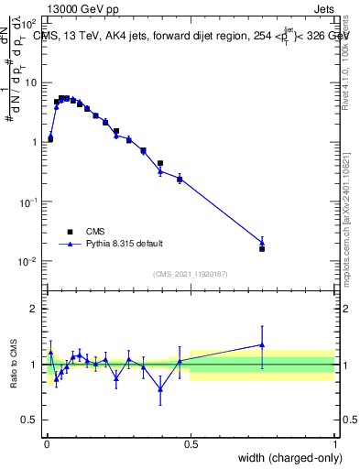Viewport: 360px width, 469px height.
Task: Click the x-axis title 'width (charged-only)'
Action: tap(285, 457)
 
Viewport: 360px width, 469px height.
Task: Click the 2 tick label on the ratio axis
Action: tap(33, 309)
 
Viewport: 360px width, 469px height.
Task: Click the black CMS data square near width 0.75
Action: tap(262, 248)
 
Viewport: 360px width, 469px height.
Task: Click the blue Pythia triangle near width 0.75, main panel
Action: tap(262, 242)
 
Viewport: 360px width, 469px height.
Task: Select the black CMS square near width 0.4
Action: tap(160, 163)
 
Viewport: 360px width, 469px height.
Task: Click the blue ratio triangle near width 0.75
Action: tap(262, 345)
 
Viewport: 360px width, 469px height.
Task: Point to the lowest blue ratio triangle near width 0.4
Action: tap(160, 388)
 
